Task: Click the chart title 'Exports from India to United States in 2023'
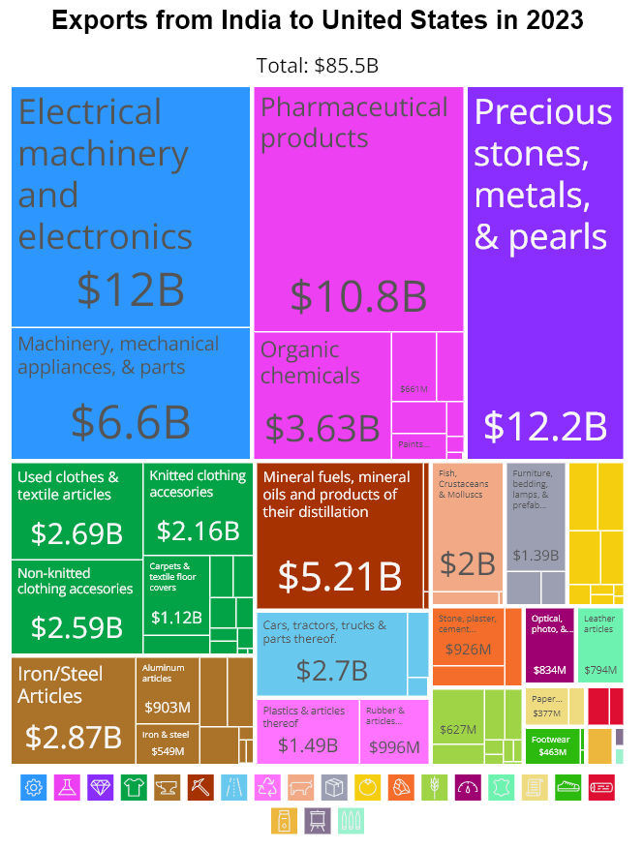(x=318, y=21)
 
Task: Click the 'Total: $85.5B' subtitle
(x=318, y=66)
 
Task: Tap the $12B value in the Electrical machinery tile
(x=130, y=289)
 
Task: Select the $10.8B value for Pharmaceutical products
(x=358, y=296)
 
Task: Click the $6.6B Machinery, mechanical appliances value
(x=130, y=422)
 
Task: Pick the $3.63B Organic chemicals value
(x=322, y=428)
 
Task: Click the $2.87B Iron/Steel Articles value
(x=74, y=737)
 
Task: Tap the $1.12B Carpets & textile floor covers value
(x=175, y=617)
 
